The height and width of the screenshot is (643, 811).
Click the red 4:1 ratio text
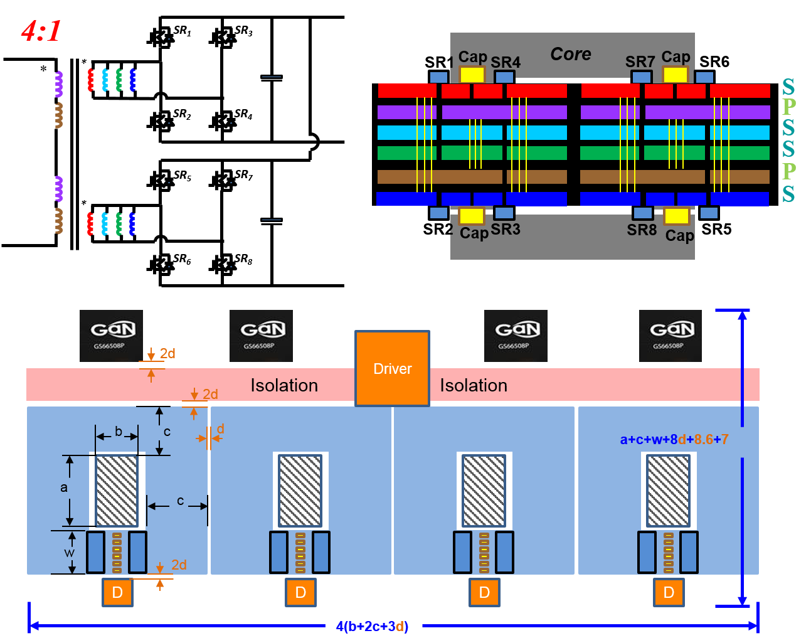pyautogui.click(x=41, y=31)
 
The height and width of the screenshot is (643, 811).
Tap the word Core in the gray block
pyautogui.click(x=571, y=54)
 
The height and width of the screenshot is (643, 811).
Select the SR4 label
pyautogui.click(x=506, y=62)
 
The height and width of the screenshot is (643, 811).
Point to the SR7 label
pyautogui.click(x=640, y=61)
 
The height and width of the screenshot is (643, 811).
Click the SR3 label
pyautogui.click(x=506, y=229)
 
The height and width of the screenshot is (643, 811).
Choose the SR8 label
pyautogui.click(x=642, y=230)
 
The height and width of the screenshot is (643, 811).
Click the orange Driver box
pyautogui.click(x=393, y=368)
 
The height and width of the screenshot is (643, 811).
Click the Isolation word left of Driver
pyautogui.click(x=284, y=385)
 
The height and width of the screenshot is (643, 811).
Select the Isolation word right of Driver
pyautogui.click(x=474, y=385)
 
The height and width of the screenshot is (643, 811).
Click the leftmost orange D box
pyautogui.click(x=117, y=592)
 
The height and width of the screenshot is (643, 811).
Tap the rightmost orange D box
pyautogui.click(x=669, y=592)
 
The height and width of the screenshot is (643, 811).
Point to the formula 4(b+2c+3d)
pyautogui.click(x=373, y=626)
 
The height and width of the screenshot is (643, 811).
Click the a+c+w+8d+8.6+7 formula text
pyautogui.click(x=674, y=439)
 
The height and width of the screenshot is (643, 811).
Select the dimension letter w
pyautogui.click(x=69, y=553)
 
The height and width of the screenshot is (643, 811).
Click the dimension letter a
pyautogui.click(x=63, y=487)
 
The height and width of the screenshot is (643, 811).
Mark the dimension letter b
pyautogui.click(x=119, y=432)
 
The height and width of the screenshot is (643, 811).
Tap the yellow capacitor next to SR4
pyautogui.click(x=472, y=75)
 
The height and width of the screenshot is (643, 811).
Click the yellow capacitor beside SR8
pyautogui.click(x=677, y=216)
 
